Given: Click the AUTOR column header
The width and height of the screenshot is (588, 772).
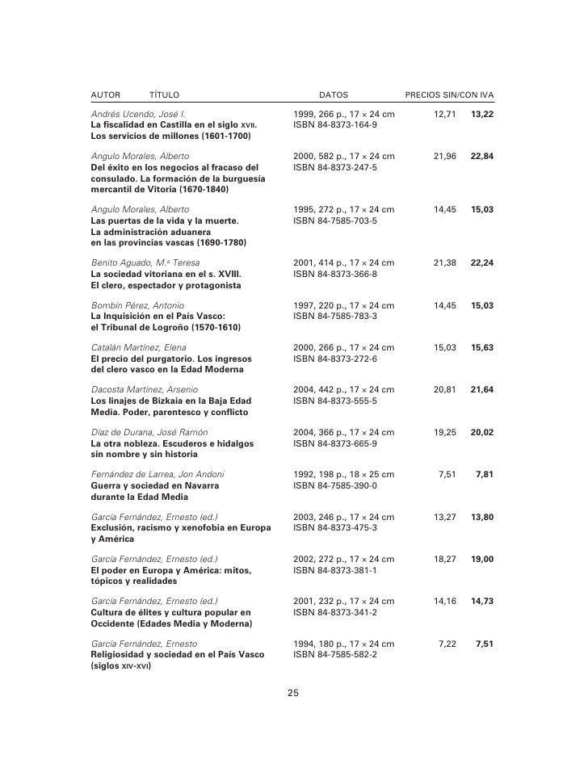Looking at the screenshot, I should point(105,95).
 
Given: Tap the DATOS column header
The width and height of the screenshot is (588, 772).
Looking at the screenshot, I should point(334,95).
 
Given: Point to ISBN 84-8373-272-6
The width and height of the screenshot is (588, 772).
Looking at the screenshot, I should point(335,359).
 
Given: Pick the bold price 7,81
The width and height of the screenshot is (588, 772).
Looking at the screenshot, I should point(485,474).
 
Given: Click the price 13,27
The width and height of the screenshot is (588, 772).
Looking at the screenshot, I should point(445,516).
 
